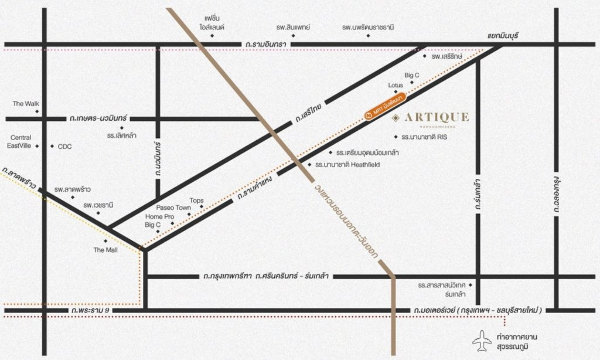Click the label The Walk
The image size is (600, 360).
(26, 104)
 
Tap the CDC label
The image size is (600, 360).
(64, 147)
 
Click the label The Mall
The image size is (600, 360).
(105, 250)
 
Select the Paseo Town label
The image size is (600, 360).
(173, 208)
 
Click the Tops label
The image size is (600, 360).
(197, 201)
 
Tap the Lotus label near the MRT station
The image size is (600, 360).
(396, 86)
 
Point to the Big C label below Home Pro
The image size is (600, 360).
(153, 225)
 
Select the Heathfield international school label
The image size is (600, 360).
(347, 165)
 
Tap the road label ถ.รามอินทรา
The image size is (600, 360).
(266, 44)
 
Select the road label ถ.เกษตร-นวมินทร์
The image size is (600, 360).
(98, 118)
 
